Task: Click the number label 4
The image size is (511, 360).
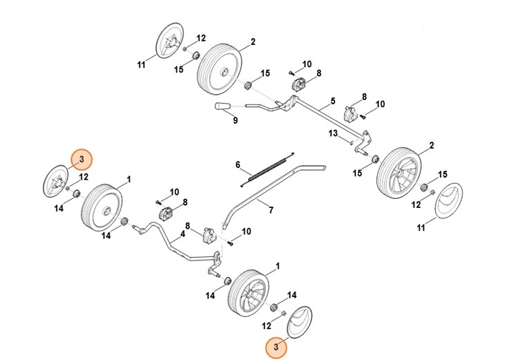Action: click(182, 234)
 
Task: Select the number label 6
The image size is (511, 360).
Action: click(238, 165)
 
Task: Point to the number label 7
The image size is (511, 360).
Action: click(271, 209)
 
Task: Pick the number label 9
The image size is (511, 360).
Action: click(235, 121)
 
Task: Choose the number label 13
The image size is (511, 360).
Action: click(332, 133)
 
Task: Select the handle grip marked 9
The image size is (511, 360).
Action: click(223, 106)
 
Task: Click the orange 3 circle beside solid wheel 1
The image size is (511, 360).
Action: click(81, 160)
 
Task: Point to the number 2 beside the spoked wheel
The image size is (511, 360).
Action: click(432, 146)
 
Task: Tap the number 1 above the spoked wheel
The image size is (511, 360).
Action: click(278, 266)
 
